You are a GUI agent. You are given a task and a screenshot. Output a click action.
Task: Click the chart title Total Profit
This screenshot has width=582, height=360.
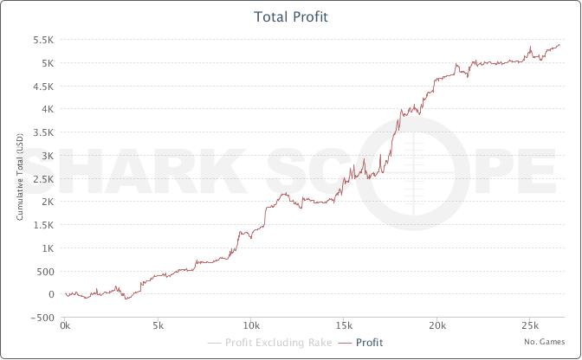tap(291, 16)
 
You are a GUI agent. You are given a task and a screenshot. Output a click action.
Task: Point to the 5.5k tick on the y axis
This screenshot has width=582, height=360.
tap(43, 41)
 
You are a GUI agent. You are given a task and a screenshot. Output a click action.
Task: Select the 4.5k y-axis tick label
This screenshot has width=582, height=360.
tap(43, 87)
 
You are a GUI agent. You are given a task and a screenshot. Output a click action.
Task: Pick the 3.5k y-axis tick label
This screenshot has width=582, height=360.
tap(43, 132)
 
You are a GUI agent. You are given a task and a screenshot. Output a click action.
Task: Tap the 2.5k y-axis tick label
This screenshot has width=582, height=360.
tap(43, 179)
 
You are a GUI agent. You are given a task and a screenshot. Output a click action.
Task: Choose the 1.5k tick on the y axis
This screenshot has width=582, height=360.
tap(43, 225)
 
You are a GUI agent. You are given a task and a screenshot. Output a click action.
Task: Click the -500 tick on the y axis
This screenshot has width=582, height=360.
tap(42, 318)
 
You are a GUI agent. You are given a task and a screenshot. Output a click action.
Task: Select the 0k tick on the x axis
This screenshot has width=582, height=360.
tap(65, 326)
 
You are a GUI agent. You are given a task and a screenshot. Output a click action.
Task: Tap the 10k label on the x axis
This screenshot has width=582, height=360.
tap(251, 326)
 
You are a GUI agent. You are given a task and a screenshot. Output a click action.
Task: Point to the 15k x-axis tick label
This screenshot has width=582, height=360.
tap(344, 326)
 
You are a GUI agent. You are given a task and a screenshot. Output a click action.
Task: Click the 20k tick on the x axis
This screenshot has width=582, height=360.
tap(437, 326)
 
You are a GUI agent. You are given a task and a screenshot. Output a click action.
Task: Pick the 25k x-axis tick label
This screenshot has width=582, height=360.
tap(530, 326)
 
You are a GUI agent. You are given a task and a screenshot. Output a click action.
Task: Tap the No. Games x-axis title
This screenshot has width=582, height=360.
tap(544, 342)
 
